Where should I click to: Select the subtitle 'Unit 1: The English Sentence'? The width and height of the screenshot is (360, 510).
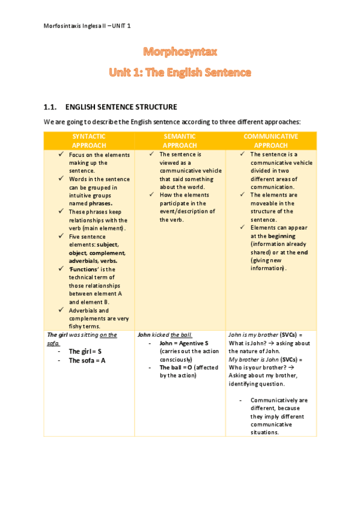[180, 73]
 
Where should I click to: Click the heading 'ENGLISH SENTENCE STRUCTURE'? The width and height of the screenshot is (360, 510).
[121, 107]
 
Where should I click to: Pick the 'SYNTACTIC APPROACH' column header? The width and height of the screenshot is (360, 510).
[89, 141]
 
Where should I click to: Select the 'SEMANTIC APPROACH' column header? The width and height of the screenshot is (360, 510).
[180, 141]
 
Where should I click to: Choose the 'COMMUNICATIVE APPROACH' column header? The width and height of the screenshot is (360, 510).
[270, 141]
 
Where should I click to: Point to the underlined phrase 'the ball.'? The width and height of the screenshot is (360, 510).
[182, 334]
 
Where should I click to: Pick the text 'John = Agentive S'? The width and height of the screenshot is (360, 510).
[184, 343]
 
